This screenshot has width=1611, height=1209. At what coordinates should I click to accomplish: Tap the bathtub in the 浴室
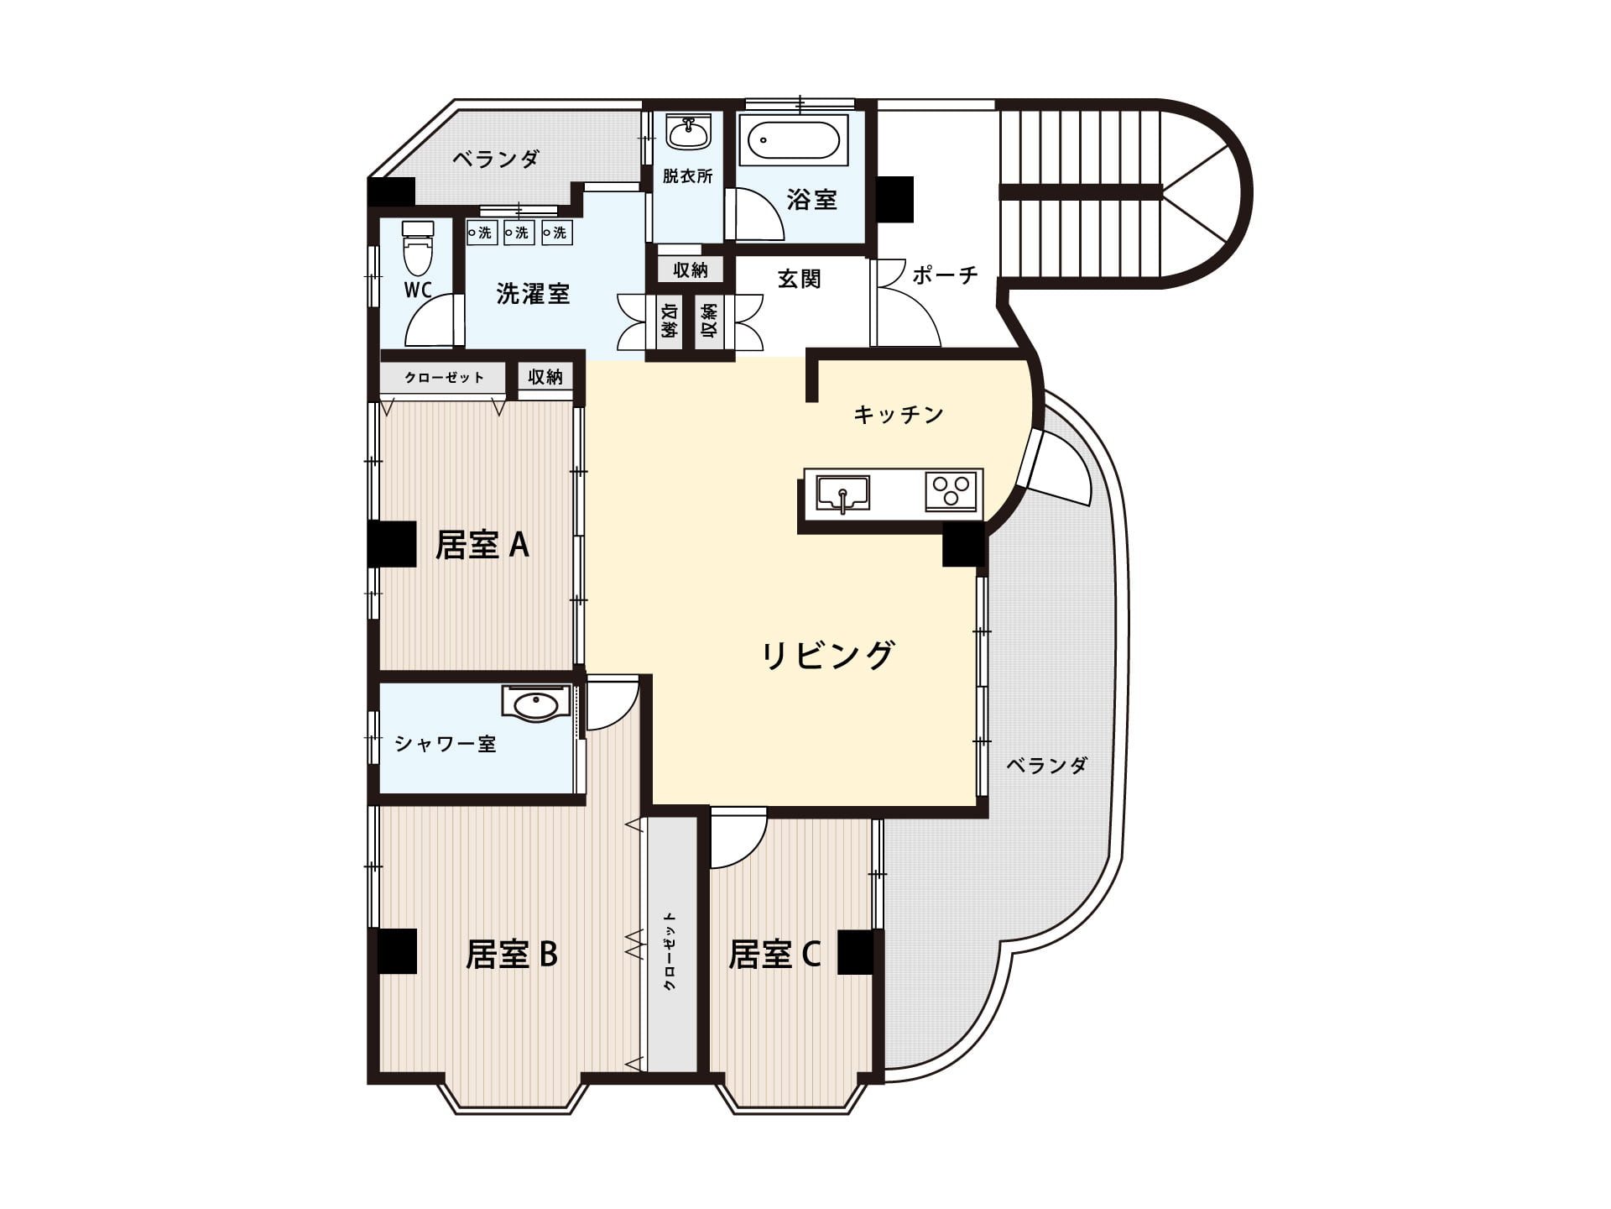(793, 140)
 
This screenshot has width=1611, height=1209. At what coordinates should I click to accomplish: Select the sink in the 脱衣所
(688, 132)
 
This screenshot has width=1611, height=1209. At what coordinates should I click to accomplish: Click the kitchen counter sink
(842, 493)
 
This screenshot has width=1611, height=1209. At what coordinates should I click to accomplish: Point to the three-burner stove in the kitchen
(952, 491)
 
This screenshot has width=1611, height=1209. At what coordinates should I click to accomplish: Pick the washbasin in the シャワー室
(536, 704)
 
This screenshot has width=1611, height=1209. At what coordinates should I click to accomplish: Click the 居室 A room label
(482, 545)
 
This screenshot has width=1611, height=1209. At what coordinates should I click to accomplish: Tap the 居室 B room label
(512, 955)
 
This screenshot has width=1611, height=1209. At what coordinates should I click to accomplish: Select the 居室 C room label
(774, 955)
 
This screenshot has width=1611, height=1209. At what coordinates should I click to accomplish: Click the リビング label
(828, 655)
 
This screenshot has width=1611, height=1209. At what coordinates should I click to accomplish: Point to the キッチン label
(899, 414)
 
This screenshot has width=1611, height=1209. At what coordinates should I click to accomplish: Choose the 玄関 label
(799, 278)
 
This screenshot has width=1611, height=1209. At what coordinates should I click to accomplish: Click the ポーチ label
(945, 275)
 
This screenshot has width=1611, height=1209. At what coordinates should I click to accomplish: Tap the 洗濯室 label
(533, 293)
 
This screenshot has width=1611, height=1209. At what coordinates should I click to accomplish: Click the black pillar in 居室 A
(393, 543)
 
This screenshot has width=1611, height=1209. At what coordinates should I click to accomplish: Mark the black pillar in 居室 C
(856, 952)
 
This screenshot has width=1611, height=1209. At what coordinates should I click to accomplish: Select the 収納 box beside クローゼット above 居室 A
(545, 377)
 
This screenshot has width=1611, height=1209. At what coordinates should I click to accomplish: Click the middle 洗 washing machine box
(519, 233)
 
